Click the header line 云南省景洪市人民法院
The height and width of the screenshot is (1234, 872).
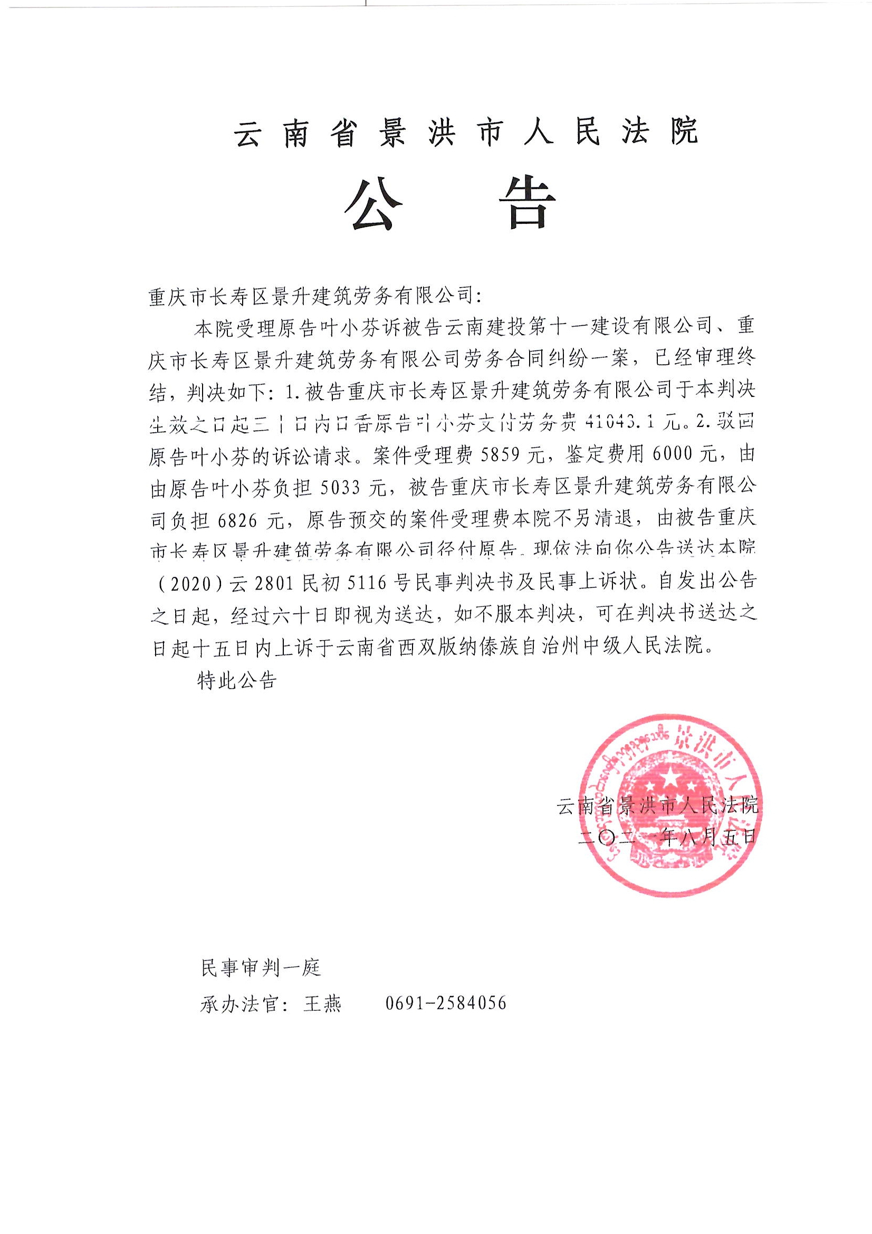(x=466, y=132)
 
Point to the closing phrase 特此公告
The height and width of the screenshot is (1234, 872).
(x=236, y=680)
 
